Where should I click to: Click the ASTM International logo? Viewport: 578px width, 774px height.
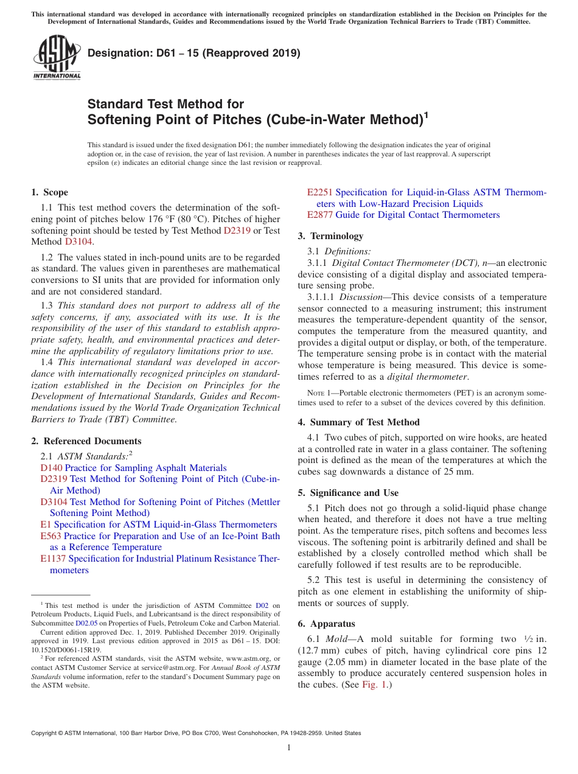coord(57,57)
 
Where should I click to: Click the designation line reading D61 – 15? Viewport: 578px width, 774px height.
coord(194,53)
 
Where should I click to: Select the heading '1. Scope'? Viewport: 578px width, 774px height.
coord(50,192)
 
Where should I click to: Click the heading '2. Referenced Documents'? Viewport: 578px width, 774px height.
coord(86,441)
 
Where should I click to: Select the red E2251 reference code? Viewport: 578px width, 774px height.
coord(319,192)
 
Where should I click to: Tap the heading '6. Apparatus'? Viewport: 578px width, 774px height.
coord(326,624)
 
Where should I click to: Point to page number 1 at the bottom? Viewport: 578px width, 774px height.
coord(289,748)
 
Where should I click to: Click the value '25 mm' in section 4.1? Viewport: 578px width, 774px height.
coord(460,472)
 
